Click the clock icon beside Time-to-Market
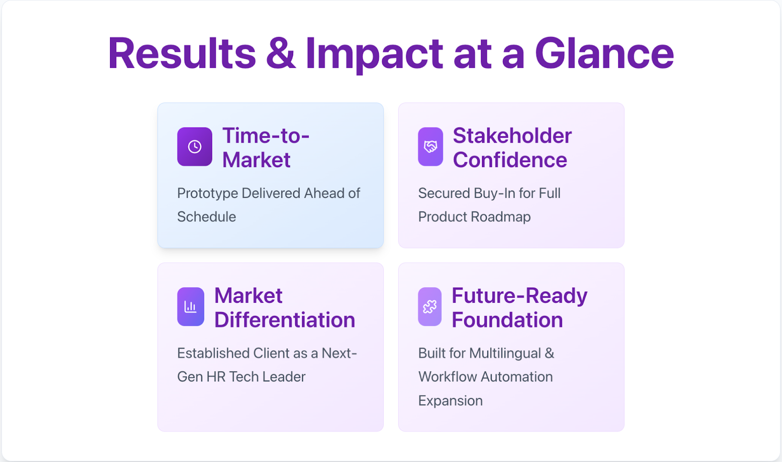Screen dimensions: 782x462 [x=195, y=147]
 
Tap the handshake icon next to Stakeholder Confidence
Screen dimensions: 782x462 [x=431, y=147]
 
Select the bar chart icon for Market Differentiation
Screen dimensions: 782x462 [x=191, y=307]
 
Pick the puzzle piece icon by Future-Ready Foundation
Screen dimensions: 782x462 [x=430, y=307]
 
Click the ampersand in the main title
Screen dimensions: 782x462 [x=281, y=53]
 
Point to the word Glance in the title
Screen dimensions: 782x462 [x=604, y=53]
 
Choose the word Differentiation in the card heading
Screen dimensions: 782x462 [x=284, y=319]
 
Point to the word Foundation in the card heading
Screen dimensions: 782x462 [x=507, y=319]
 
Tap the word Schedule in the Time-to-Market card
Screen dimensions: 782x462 [x=207, y=217]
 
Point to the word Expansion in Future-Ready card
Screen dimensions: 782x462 [x=450, y=401]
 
